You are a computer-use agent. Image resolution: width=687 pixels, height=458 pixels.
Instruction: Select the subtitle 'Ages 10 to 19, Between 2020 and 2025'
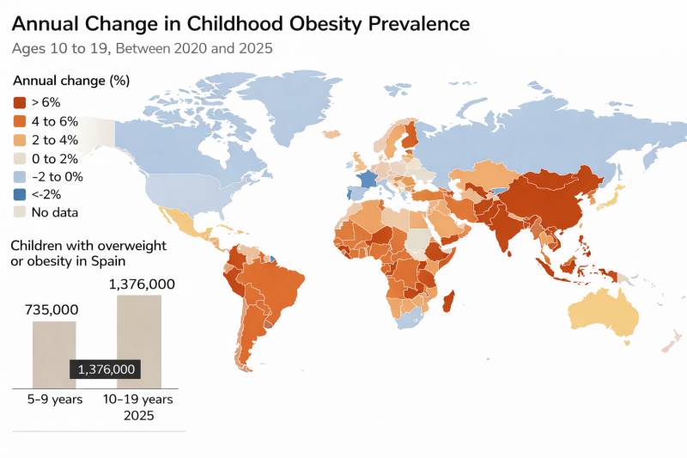(x=142, y=48)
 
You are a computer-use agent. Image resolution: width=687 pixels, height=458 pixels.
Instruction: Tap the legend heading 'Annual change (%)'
(x=70, y=81)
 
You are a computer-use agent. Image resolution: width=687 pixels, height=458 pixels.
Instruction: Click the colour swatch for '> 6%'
(x=20, y=103)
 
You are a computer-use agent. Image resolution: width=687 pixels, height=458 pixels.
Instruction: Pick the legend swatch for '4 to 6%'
(x=20, y=121)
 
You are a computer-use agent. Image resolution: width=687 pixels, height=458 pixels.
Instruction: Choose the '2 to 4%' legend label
(x=55, y=139)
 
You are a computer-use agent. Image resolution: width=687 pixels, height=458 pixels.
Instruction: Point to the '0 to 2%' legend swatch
(x=20, y=158)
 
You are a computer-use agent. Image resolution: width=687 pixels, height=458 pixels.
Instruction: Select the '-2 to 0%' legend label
(x=58, y=176)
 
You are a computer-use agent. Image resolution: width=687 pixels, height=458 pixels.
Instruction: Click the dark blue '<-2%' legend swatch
(x=20, y=194)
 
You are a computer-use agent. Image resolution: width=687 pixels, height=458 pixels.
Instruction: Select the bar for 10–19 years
(x=139, y=327)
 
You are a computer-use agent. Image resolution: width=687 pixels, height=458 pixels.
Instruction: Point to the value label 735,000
(x=53, y=309)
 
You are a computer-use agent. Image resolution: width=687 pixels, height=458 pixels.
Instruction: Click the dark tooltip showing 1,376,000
(x=106, y=369)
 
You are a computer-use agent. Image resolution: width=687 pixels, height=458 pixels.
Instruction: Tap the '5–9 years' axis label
(x=54, y=400)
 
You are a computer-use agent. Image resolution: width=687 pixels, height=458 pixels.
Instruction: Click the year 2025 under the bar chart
(x=137, y=416)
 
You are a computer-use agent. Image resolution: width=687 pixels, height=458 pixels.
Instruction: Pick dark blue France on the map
(x=368, y=180)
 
